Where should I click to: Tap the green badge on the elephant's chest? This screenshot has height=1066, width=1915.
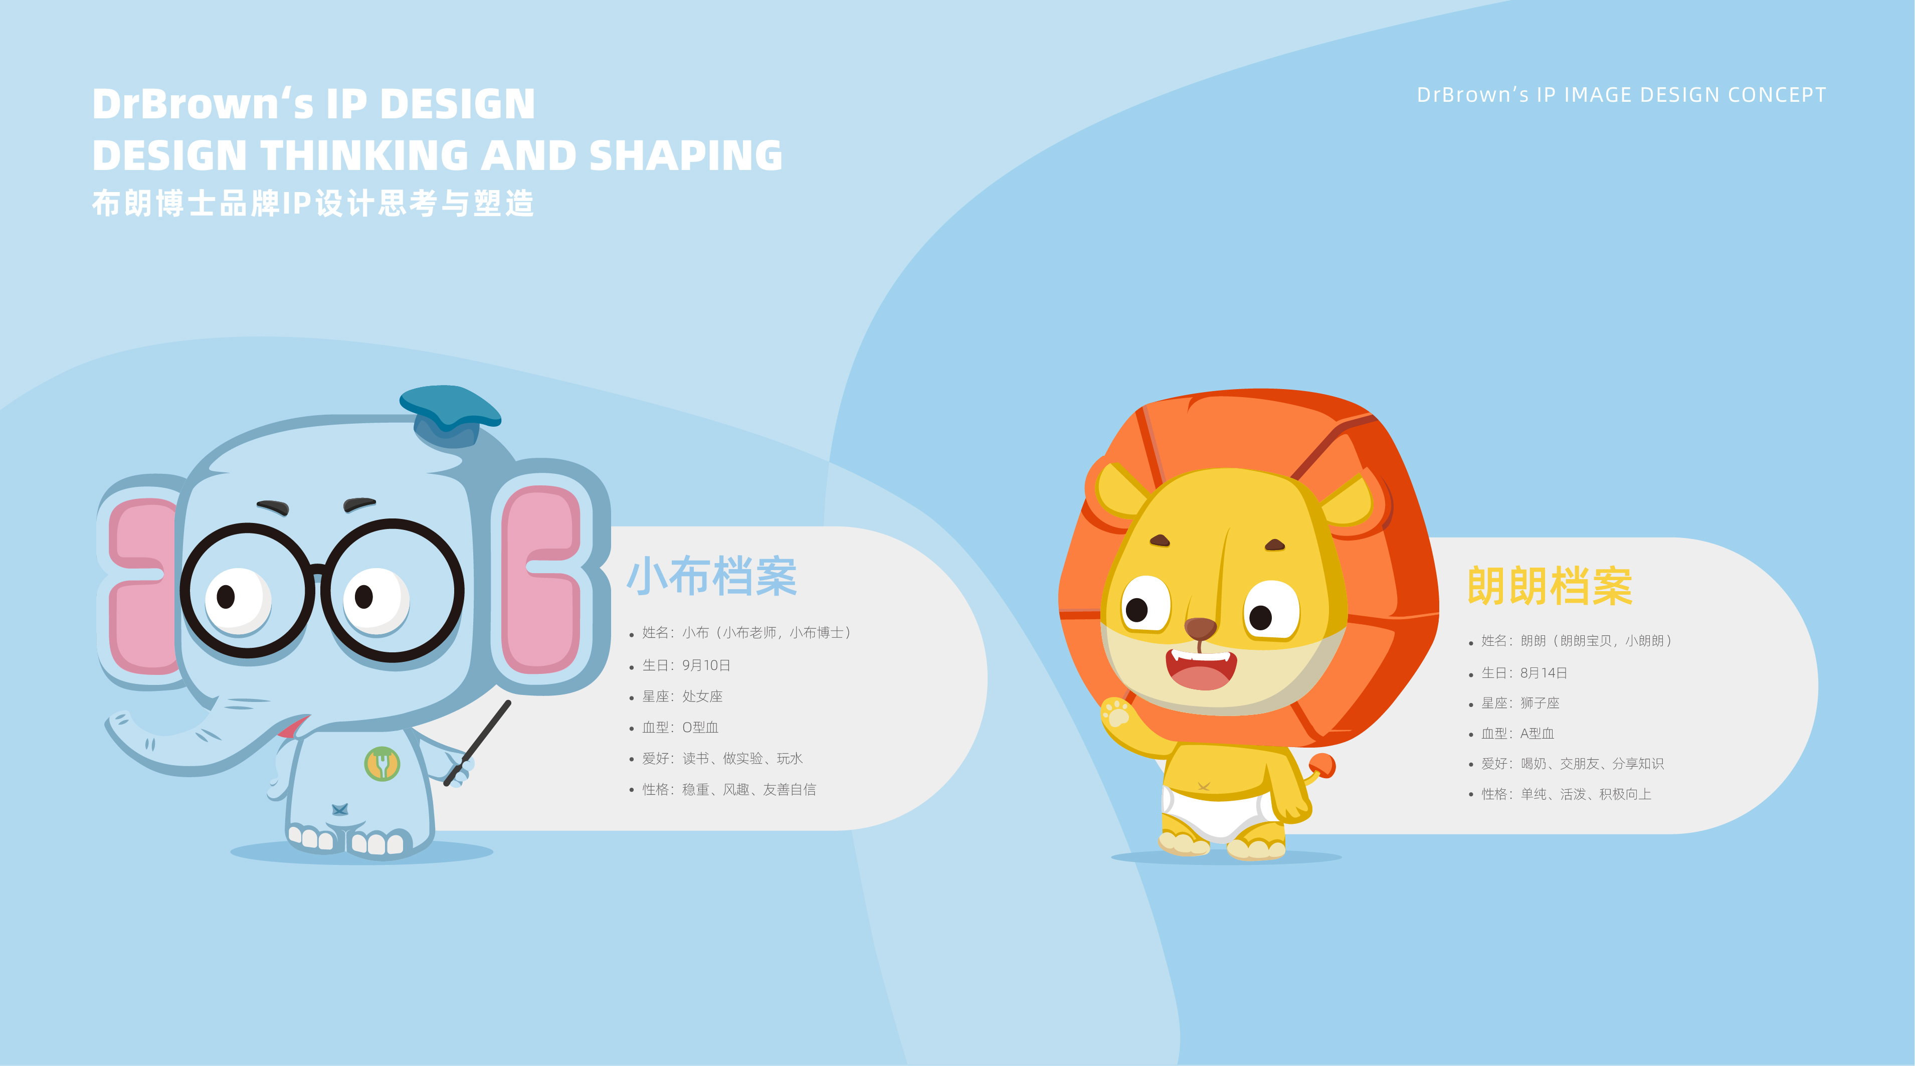pos(382,764)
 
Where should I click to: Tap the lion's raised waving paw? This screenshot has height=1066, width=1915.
pos(1116,713)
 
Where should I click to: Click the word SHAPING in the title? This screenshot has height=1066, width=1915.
pos(685,156)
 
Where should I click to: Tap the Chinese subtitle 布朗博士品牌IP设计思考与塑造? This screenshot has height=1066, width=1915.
pos(313,204)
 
